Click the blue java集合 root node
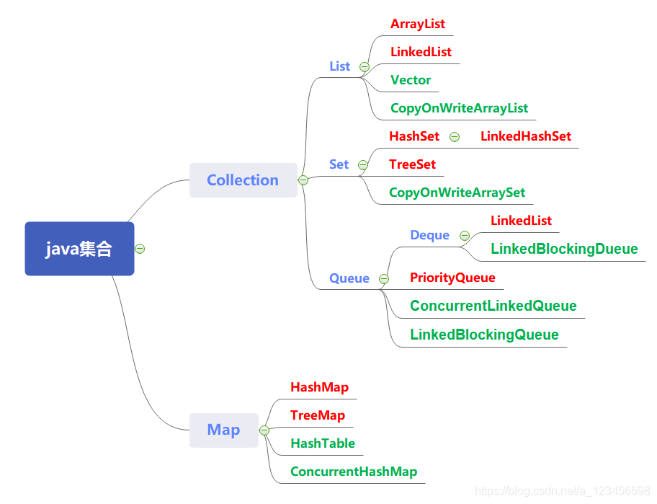pyautogui.click(x=79, y=249)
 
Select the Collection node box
pyautogui.click(x=243, y=180)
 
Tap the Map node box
pyautogui.click(x=223, y=430)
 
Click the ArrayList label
pyautogui.click(x=418, y=24)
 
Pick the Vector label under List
pyautogui.click(x=411, y=80)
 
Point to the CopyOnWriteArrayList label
pyautogui.click(x=459, y=108)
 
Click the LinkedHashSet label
pyautogui.click(x=526, y=136)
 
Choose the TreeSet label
pyautogui.click(x=412, y=164)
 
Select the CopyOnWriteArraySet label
pyautogui.click(x=457, y=193)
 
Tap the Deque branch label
pyautogui.click(x=429, y=235)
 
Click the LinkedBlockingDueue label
pyautogui.click(x=564, y=249)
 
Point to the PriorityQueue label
pyautogui.click(x=452, y=278)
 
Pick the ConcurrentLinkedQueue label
pyautogui.click(x=493, y=306)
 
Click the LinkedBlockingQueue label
pyautogui.click(x=484, y=335)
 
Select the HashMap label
pyautogui.click(x=319, y=387)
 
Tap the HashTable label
pyautogui.click(x=323, y=443)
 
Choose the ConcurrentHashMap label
pyautogui.click(x=353, y=472)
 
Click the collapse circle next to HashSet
pyautogui.click(x=455, y=137)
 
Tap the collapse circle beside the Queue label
pyautogui.click(x=384, y=278)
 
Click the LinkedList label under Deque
pyautogui.click(x=521, y=221)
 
